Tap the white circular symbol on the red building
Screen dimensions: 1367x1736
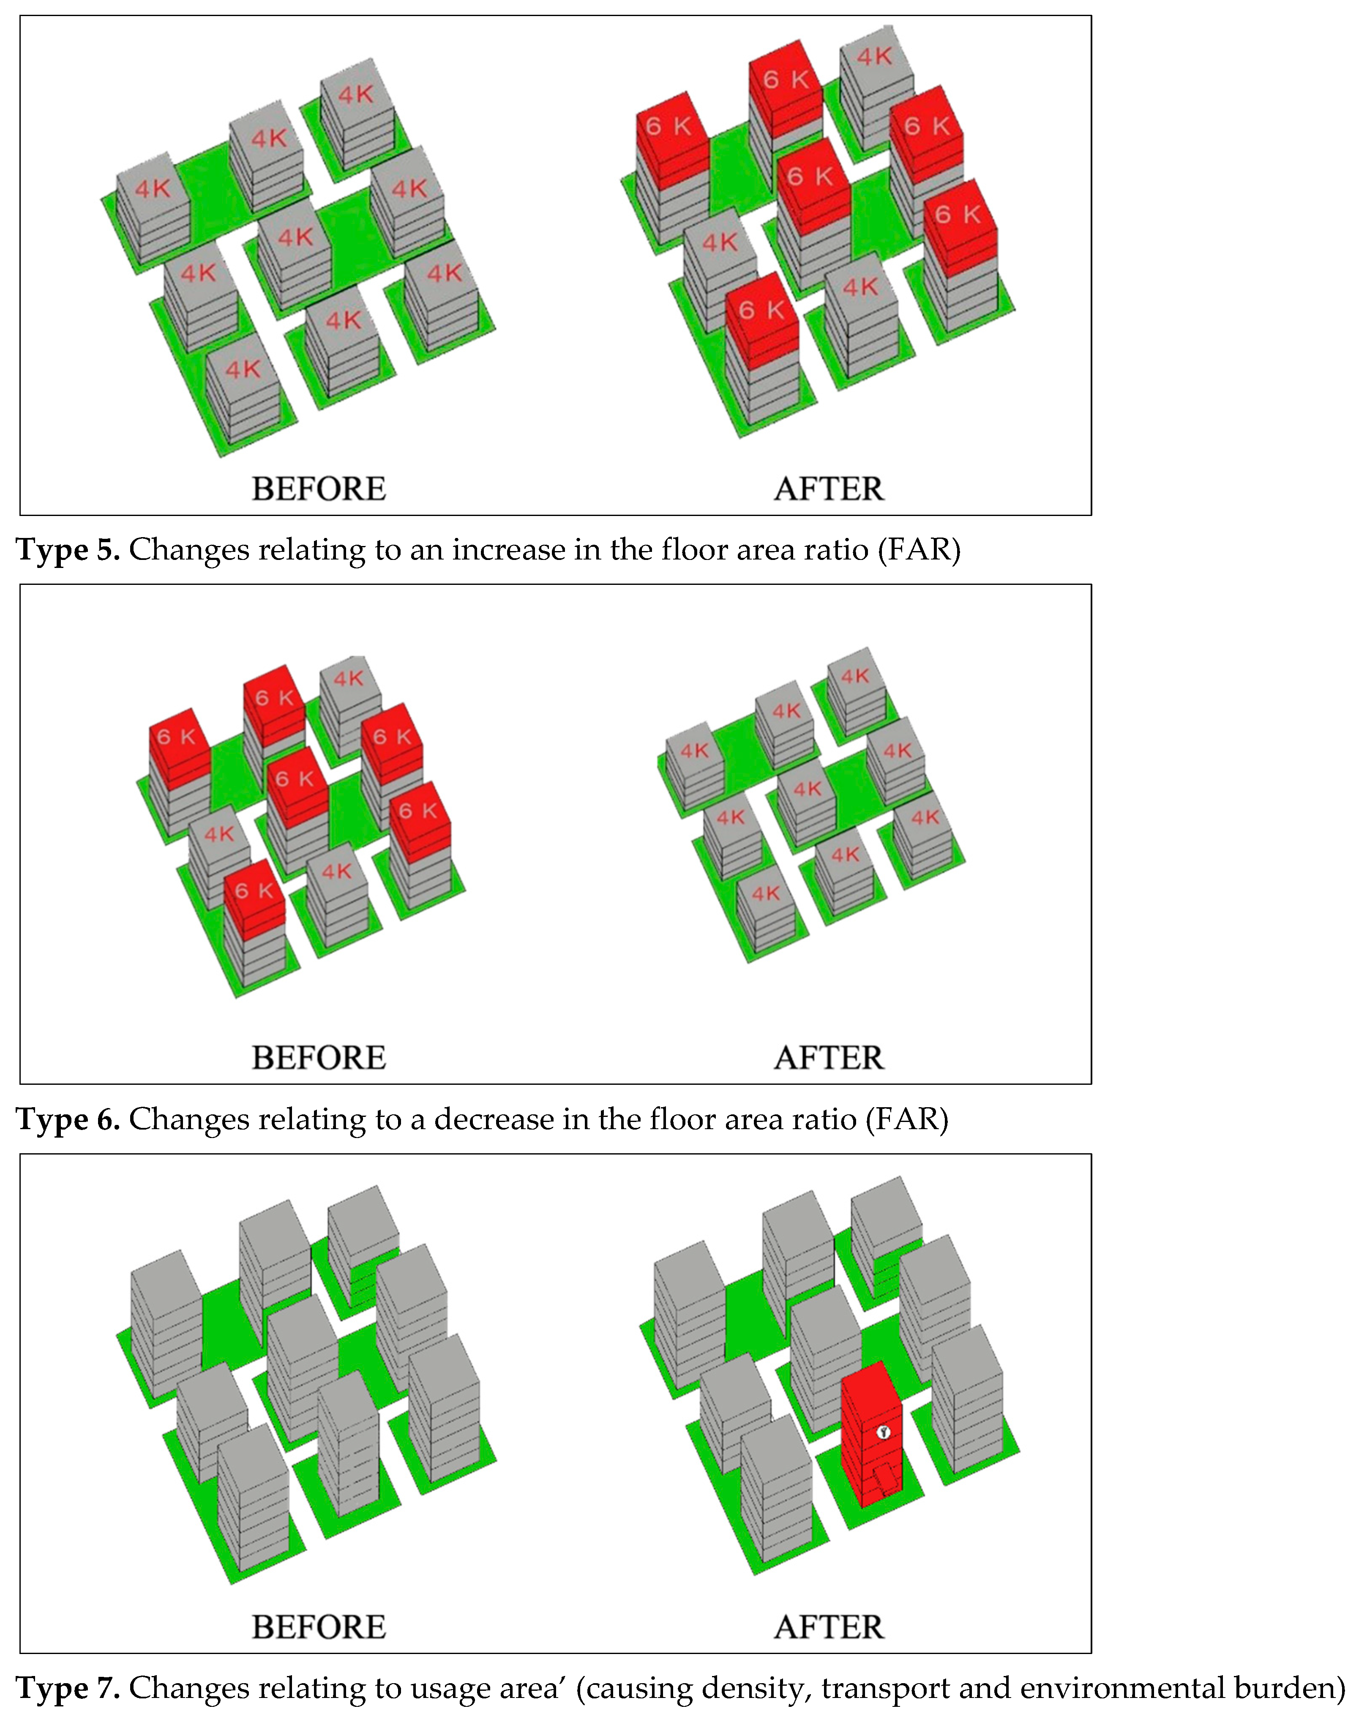point(884,1432)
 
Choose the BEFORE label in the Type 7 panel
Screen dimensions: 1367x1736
point(319,1627)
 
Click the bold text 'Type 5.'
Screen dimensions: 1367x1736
point(68,551)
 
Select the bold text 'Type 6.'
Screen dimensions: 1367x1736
point(68,1120)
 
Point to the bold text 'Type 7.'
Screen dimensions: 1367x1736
point(68,1689)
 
